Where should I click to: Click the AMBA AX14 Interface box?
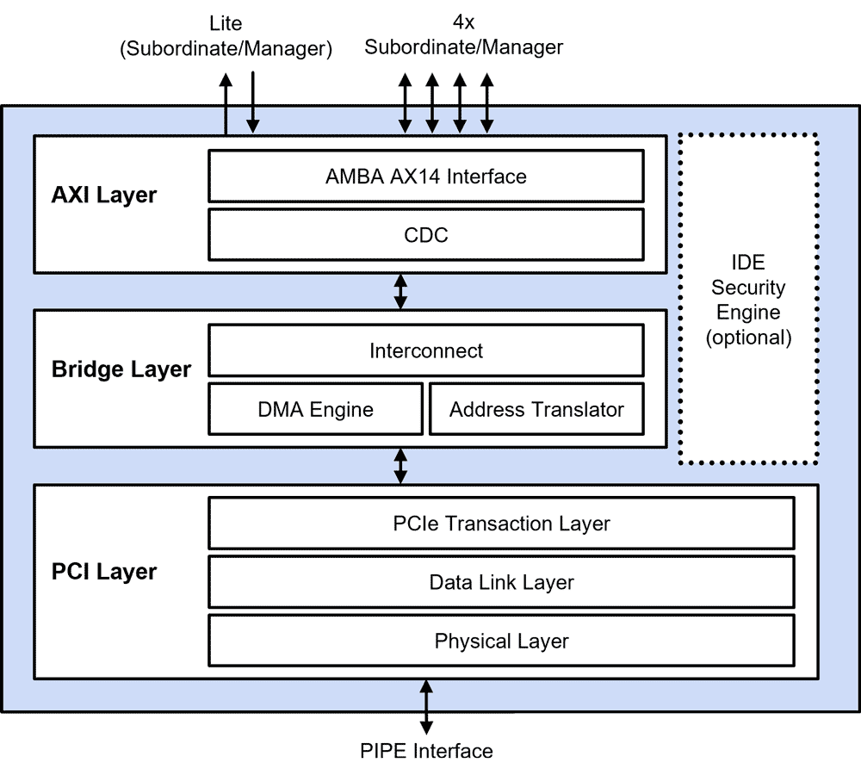[x=426, y=177]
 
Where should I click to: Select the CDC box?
[x=426, y=234]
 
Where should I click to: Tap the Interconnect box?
[x=426, y=350]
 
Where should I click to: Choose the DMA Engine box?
[x=316, y=409]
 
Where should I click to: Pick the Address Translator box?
[x=536, y=409]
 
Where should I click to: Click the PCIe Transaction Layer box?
[x=501, y=524]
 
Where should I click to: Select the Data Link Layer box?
[x=501, y=582]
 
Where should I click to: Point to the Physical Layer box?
[x=501, y=641]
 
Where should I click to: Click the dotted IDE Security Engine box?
[x=747, y=300]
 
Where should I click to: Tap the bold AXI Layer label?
[x=104, y=195]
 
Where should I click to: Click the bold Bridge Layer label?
[x=121, y=369]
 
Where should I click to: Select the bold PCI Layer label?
[x=104, y=572]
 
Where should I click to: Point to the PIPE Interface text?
[x=426, y=751]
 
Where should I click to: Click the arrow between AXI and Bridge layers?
[x=400, y=291]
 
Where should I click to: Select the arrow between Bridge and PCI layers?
[x=400, y=465]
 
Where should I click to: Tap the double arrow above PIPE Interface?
[x=426, y=706]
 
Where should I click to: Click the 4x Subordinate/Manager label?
[x=463, y=36]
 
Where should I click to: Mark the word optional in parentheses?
[x=747, y=337]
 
